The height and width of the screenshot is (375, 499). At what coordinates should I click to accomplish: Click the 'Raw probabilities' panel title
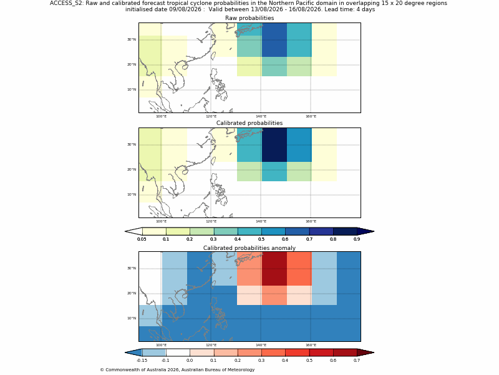[x=249, y=18]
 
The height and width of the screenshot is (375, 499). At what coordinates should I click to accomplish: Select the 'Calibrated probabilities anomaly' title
[x=249, y=248]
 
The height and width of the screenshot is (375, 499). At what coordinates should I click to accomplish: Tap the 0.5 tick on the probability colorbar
[x=261, y=239]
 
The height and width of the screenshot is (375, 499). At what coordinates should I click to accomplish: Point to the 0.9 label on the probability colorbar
[x=357, y=239]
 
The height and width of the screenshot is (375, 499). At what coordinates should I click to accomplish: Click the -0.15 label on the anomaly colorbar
[x=142, y=361]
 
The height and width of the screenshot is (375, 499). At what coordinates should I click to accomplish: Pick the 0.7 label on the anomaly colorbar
[x=357, y=361]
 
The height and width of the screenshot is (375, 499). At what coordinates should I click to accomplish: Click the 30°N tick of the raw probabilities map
[x=132, y=39]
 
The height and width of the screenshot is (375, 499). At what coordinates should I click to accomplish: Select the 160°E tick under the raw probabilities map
[x=311, y=116]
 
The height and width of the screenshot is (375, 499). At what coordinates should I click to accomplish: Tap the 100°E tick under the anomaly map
[x=161, y=345]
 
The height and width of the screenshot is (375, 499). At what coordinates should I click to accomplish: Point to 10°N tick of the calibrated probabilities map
[x=132, y=194]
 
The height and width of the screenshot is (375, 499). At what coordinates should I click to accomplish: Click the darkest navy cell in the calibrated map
[x=274, y=145]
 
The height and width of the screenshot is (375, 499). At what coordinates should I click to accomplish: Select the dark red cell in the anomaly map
[x=274, y=269]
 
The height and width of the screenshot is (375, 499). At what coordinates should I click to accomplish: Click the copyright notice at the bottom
[x=177, y=370]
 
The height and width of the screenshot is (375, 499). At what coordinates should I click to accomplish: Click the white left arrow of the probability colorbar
[x=133, y=231]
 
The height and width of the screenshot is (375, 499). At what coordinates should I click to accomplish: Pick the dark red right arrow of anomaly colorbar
[x=366, y=352]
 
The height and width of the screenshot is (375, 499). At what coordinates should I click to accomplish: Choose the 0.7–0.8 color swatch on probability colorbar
[x=321, y=231]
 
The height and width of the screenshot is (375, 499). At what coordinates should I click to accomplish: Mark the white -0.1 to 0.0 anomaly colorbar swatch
[x=178, y=352]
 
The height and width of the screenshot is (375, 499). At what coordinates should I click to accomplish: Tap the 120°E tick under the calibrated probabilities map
[x=211, y=222]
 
